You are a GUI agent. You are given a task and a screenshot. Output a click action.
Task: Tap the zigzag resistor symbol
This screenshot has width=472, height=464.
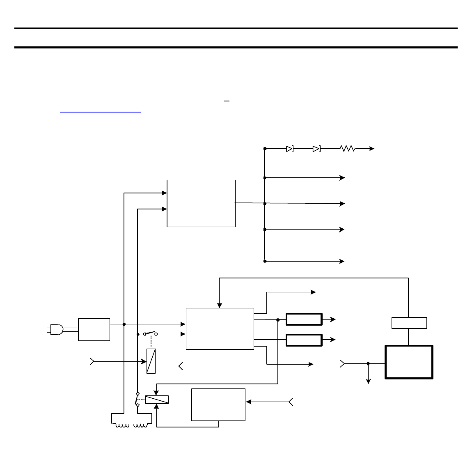pyautogui.click(x=347, y=149)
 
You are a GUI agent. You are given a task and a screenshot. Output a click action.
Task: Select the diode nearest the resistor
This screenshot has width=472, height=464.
pyautogui.click(x=316, y=149)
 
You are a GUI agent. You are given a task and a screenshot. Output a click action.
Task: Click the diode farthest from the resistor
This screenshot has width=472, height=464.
pyautogui.click(x=290, y=149)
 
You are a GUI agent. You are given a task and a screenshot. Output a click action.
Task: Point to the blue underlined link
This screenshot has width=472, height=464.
pyautogui.click(x=100, y=111)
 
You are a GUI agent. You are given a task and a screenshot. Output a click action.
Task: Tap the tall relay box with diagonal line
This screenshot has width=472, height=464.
pyautogui.click(x=151, y=361)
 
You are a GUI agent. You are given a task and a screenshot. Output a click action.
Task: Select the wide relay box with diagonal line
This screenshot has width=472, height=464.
pyautogui.click(x=157, y=400)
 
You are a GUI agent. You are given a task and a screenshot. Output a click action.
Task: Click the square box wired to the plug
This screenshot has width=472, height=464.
pyautogui.click(x=94, y=329)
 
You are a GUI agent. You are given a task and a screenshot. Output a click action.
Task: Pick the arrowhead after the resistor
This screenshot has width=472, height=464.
pyautogui.click(x=372, y=149)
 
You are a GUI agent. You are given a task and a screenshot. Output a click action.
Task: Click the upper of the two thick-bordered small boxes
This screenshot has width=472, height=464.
pyautogui.click(x=304, y=319)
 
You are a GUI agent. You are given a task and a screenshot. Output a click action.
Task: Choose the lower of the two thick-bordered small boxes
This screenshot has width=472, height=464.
pyautogui.click(x=304, y=340)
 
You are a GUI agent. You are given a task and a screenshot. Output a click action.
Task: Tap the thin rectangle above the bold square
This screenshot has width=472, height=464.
pyautogui.click(x=409, y=323)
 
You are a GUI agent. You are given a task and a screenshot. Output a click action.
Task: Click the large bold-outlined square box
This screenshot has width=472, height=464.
pyautogui.click(x=409, y=362)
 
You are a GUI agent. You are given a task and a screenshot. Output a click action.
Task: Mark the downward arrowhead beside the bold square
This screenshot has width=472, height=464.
pyautogui.click(x=369, y=381)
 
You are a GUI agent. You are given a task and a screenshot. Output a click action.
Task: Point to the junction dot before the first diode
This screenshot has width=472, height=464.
pyautogui.click(x=265, y=149)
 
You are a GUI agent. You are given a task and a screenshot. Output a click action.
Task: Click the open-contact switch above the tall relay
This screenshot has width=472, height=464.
pyautogui.click(x=150, y=333)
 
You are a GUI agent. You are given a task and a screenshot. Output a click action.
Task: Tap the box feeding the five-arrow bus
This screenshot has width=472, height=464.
pyautogui.click(x=201, y=203)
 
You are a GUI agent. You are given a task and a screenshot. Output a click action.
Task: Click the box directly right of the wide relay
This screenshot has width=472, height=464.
pyautogui.click(x=218, y=404)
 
